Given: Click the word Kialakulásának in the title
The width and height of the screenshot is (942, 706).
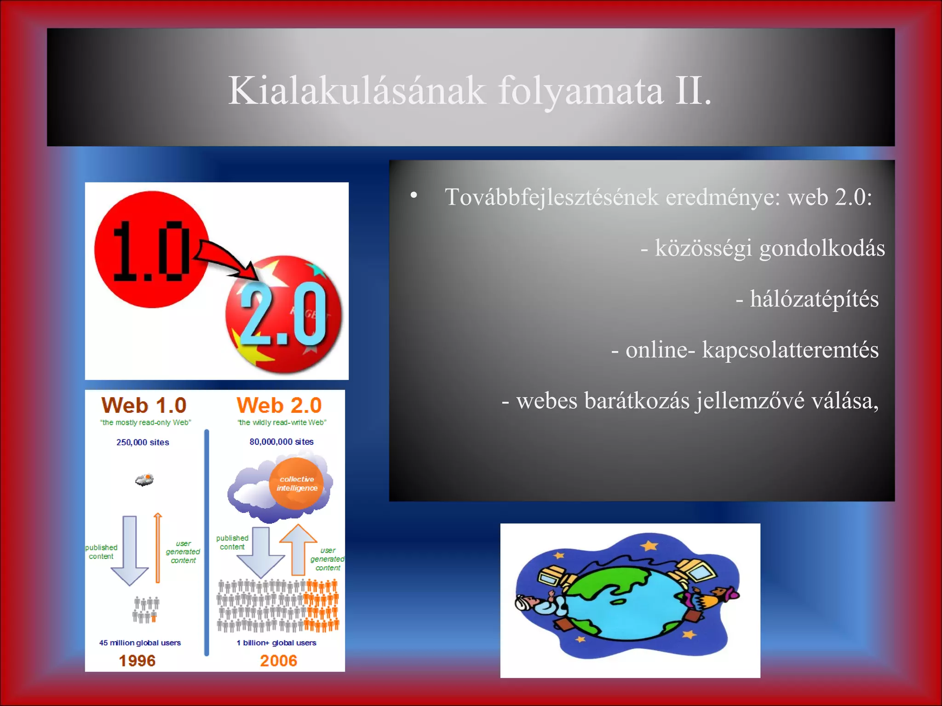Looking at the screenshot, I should [x=356, y=91].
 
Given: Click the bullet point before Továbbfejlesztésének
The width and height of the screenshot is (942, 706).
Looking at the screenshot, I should [x=414, y=195].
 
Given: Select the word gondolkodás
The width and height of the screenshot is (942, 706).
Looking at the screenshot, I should [x=822, y=248].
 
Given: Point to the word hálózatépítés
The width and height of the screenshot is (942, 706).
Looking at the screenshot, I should [x=814, y=299].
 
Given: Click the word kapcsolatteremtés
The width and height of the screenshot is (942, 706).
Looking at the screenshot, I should [x=790, y=350].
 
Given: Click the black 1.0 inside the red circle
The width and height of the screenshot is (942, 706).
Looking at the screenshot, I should [x=151, y=251].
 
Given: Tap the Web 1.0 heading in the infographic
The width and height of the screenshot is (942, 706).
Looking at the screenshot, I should [x=144, y=405].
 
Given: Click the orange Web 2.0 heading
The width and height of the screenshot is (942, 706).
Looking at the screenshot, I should [x=279, y=405].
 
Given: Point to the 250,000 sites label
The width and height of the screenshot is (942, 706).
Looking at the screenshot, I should [x=143, y=442].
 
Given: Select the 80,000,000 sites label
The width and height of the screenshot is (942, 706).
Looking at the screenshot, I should [x=281, y=442].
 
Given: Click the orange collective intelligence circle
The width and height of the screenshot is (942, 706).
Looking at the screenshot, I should [x=297, y=484].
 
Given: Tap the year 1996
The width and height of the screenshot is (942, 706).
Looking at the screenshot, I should [x=137, y=660].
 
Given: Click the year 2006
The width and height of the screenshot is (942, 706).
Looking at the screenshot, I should [x=278, y=660].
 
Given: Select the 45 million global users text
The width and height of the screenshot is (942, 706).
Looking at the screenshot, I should [x=140, y=643].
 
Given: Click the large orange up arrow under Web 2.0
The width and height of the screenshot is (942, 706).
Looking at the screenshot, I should [x=298, y=549].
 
